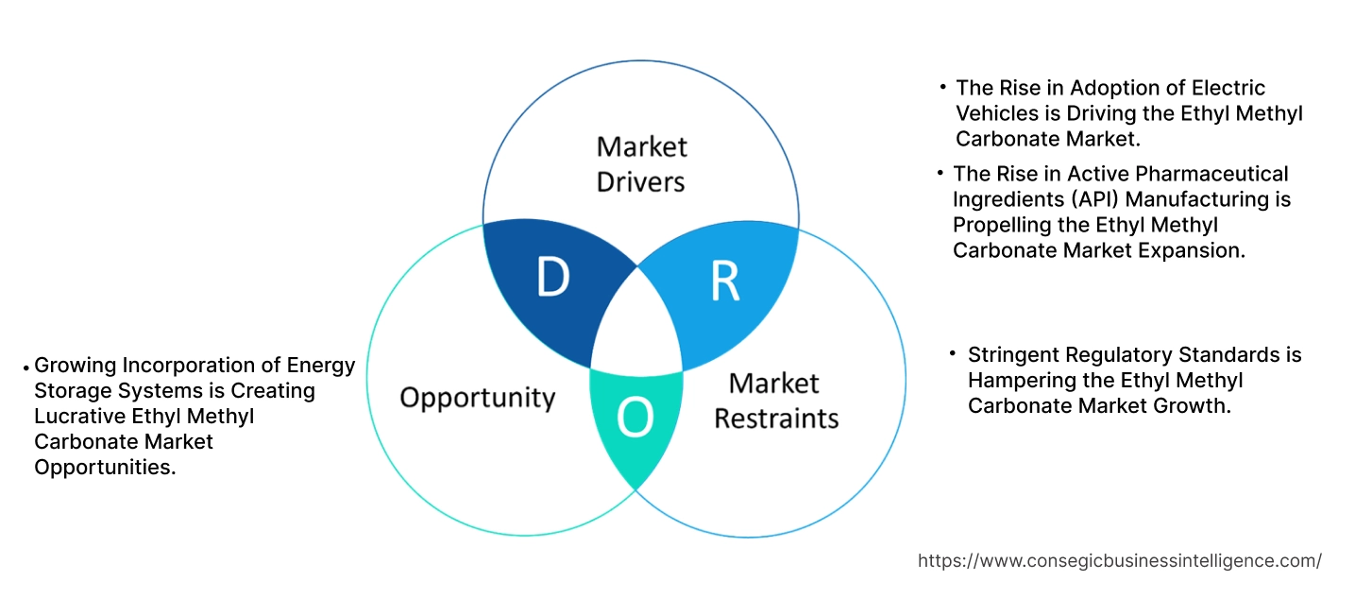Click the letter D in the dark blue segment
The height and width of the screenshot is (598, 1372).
point(552,276)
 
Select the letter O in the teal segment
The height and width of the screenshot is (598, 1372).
point(635,419)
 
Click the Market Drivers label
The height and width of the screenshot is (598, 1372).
point(641,163)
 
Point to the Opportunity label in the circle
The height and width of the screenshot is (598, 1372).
point(477,397)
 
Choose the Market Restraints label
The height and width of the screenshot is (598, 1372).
point(775,401)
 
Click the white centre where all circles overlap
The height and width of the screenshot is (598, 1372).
point(638,321)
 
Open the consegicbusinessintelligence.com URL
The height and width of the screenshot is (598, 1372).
point(1119,560)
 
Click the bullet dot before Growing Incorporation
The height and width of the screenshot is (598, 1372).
point(25,367)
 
